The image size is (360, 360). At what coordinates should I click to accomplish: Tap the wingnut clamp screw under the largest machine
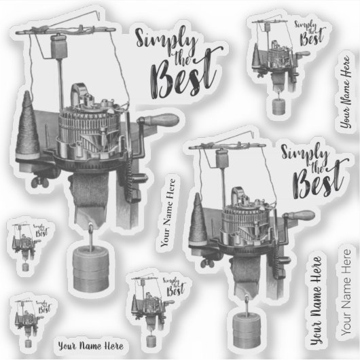pos(40,182)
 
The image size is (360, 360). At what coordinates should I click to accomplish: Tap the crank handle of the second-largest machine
pos(299,215)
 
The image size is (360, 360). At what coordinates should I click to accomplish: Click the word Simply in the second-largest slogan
pos(305,152)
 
